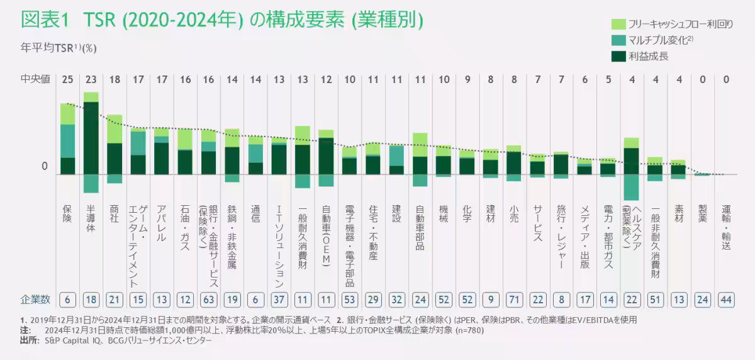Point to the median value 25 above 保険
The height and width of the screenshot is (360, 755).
67,79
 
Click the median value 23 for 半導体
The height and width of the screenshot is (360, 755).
91,79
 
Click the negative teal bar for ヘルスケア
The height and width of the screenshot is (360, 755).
631,187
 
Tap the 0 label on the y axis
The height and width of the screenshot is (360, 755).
44,166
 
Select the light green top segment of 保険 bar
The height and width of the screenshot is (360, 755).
67,114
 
